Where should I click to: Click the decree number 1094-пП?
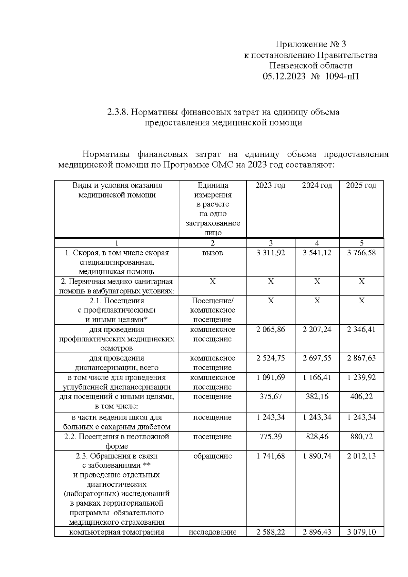[342, 77]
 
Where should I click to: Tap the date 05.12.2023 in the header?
[284, 77]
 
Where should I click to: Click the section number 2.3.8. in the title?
[118, 112]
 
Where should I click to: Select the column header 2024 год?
[317, 186]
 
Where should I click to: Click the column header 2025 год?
[361, 186]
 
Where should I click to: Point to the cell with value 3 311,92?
[271, 253]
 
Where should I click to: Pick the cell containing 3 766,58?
[361, 253]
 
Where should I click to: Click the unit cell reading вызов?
[213, 253]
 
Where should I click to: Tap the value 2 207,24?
[317, 329]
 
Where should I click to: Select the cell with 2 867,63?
[361, 358]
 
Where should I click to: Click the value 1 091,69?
[271, 377]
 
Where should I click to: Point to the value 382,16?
[317, 396]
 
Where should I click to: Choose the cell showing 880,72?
[361, 437]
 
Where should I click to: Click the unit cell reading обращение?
[213, 456]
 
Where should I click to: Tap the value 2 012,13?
[361, 456]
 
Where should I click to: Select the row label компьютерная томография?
[117, 532]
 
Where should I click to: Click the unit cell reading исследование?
[213, 532]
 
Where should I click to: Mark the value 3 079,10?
[361, 532]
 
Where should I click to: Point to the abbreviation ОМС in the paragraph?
[223, 165]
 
